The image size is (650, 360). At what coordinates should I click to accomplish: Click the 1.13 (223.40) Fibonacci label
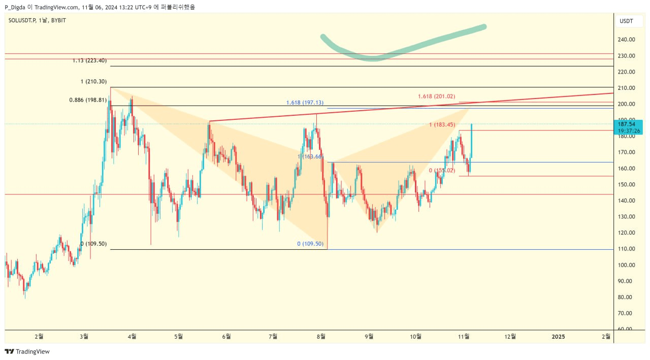89,60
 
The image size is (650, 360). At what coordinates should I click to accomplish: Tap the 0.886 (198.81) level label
88,100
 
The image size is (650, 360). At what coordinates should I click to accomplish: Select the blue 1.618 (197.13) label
305,103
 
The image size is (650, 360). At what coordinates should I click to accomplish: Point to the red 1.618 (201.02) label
436,96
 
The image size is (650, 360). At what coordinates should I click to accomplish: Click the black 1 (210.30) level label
93,82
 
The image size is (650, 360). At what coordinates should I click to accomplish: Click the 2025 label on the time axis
558,336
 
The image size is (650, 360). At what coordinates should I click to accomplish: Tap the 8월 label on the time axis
321,336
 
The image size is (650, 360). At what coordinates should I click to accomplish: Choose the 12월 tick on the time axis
511,336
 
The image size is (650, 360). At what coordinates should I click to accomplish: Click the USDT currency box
626,21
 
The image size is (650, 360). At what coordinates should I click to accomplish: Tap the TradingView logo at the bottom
27,351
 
